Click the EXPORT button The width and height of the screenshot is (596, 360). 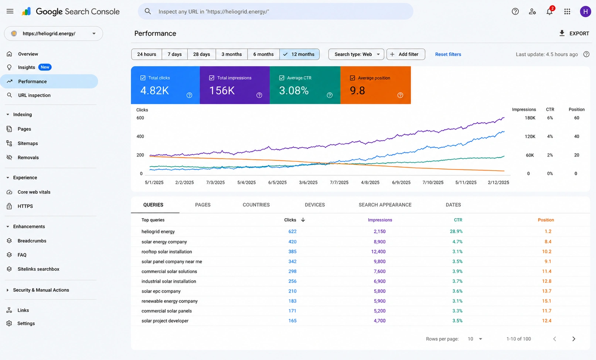click(x=574, y=33)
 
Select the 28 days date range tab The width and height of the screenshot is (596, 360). click(x=201, y=54)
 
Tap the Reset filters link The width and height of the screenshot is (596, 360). click(x=448, y=54)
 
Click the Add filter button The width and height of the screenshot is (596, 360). click(x=405, y=54)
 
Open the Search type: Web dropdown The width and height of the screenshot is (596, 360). click(x=356, y=54)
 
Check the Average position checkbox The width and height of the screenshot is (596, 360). click(x=352, y=78)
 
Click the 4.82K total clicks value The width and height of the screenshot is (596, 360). click(x=154, y=90)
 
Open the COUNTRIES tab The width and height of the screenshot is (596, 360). click(x=256, y=205)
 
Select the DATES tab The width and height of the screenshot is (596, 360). click(x=453, y=205)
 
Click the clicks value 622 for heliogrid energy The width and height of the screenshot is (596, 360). click(x=292, y=231)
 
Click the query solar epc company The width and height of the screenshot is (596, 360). click(x=161, y=291)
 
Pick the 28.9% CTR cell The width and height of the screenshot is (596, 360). click(x=456, y=231)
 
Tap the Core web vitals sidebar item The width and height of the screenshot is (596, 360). click(x=34, y=192)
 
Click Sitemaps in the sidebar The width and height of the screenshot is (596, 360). click(x=28, y=143)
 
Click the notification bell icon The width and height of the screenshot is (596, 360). click(x=549, y=11)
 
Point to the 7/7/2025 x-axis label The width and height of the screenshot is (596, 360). click(x=339, y=182)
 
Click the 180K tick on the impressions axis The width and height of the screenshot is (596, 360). click(x=530, y=118)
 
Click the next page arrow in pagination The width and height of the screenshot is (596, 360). click(x=574, y=339)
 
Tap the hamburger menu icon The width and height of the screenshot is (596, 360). click(x=10, y=11)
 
